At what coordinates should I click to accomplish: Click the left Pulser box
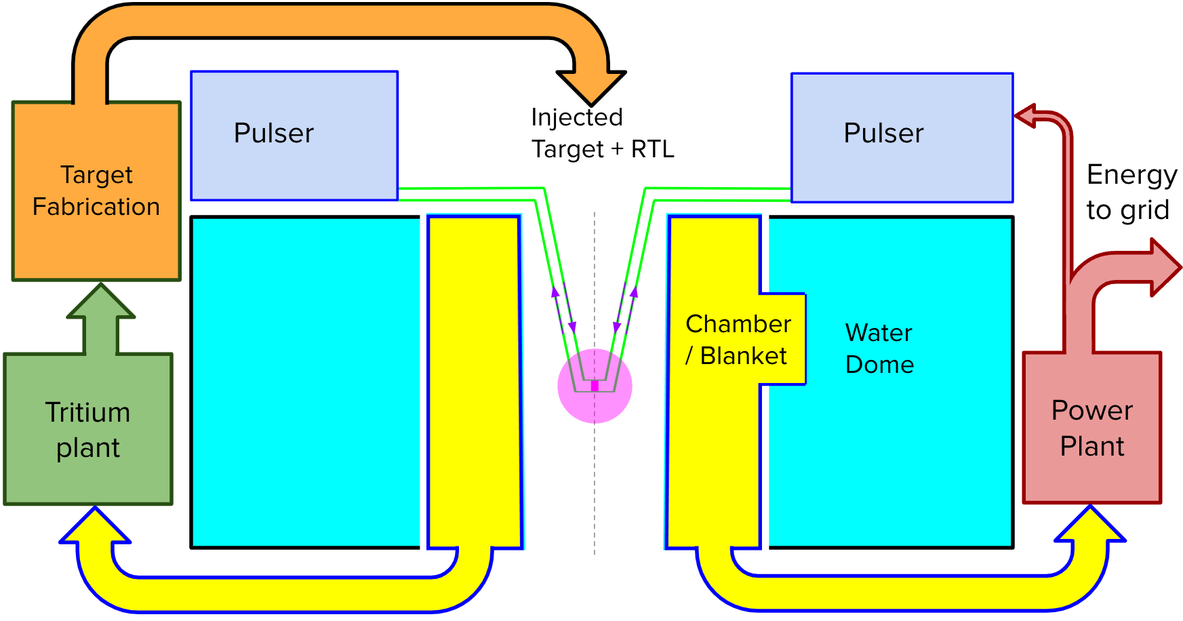pos(294,136)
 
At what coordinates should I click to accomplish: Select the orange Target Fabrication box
pos(96,191)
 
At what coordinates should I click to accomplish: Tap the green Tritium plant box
pos(88,430)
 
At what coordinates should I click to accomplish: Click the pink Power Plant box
pos(1091,428)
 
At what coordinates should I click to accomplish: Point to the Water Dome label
pos(879,348)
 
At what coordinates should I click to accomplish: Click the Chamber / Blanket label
pos(738,340)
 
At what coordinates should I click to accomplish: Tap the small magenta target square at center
pos(595,386)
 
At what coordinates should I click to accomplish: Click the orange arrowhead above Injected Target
pos(591,86)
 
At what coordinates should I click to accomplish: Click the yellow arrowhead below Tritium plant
pos(95,527)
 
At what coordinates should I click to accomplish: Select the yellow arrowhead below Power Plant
pos(1090,526)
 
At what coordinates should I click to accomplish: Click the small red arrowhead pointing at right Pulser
pos(1026,116)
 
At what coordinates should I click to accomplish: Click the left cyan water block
pos(305,382)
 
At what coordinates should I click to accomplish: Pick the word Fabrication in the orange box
pos(96,207)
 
